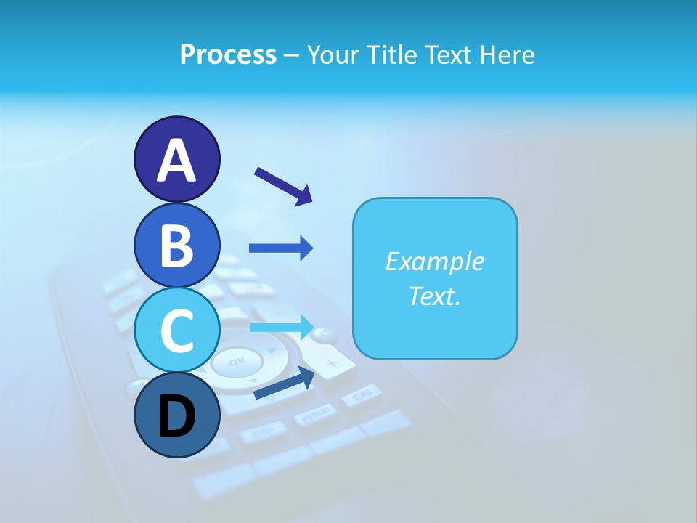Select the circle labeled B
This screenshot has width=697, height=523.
point(176,245)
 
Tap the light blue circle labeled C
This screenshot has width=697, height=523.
point(176,331)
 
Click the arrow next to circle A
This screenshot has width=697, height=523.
point(283,185)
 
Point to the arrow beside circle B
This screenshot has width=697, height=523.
point(281,248)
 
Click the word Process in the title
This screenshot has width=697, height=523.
point(228,54)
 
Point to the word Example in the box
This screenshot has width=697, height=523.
point(434,261)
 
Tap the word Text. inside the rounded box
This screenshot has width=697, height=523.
point(434,296)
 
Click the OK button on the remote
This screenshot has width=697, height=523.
point(237,361)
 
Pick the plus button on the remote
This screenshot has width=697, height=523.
point(331,362)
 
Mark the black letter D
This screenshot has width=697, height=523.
point(176,418)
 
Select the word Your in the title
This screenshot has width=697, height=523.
point(332,54)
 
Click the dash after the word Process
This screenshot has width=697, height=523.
point(291,55)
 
